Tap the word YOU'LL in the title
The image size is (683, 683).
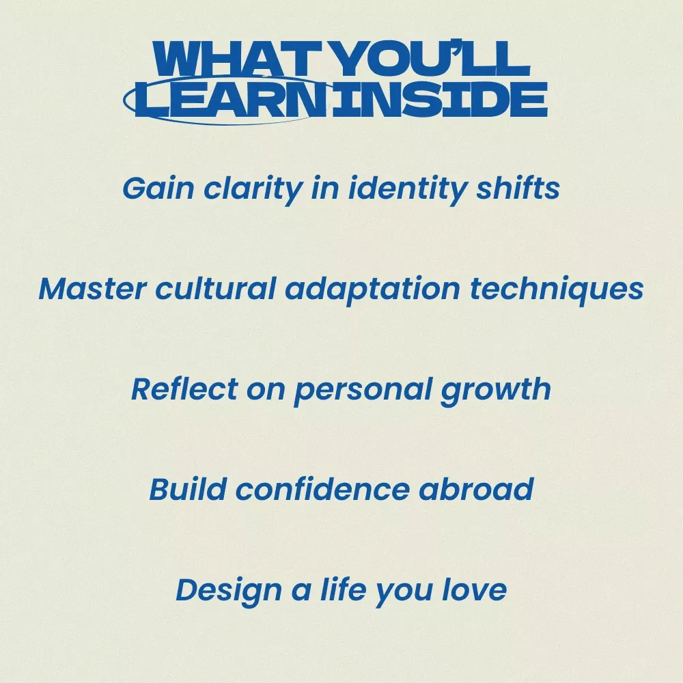coord(432,59)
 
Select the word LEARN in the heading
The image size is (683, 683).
coord(230,99)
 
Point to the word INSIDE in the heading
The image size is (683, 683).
coord(439,99)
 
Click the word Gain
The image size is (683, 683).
coord(158,189)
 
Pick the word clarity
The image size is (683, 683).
coord(253,191)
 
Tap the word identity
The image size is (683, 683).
coord(407,191)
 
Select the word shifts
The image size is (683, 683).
coord(518,188)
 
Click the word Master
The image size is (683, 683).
coord(92,288)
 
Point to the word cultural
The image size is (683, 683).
coord(216,288)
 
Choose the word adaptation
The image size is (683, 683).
coord(372,290)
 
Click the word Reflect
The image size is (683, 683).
coord(184,389)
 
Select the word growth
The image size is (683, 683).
coord(496,391)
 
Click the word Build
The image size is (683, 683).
coord(188,489)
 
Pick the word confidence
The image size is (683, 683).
coord(322,489)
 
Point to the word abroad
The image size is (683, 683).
coord(476,489)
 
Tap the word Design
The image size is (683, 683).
coord(229,591)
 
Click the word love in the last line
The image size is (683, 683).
coord(475,589)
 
